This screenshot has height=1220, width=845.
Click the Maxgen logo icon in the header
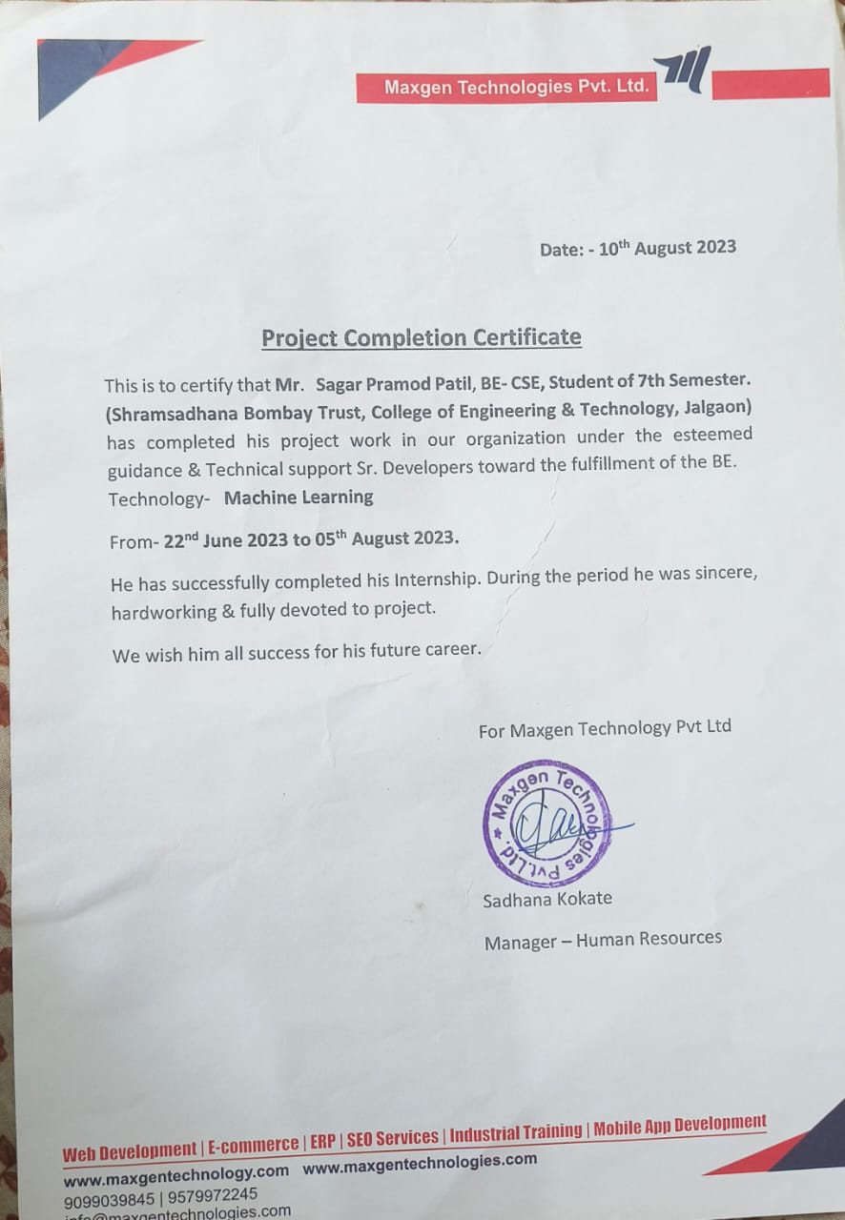(683, 71)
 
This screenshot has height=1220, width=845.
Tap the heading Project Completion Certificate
(422, 337)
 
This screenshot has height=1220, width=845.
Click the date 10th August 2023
(668, 248)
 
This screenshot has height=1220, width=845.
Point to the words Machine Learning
(299, 497)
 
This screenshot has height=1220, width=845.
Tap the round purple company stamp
(546, 823)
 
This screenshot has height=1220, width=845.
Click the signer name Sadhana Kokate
(547, 899)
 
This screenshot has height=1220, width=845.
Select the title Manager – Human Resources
(603, 940)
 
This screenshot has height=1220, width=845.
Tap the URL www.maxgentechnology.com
(176, 1174)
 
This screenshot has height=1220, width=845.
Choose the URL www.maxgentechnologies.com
(420, 1163)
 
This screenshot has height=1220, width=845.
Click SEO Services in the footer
(393, 1138)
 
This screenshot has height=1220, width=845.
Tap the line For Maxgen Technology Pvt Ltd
(605, 728)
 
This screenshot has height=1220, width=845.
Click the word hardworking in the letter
(164, 612)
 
